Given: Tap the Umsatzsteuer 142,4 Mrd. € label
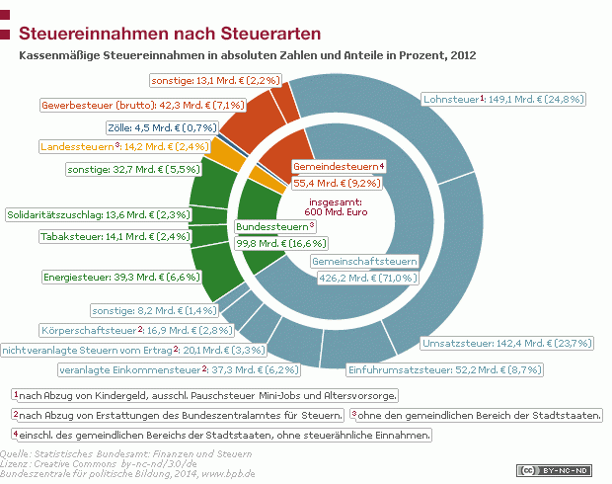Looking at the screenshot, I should (506, 344).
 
